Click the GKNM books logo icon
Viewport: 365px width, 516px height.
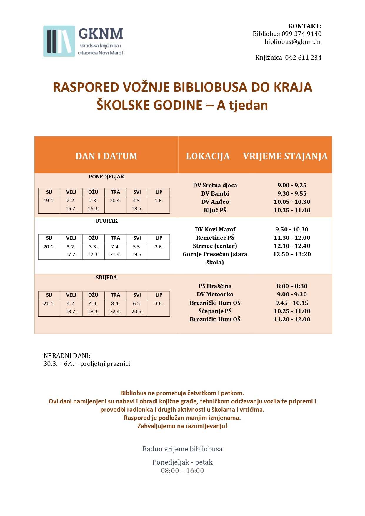(59, 41)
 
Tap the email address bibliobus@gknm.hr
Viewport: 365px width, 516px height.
(293, 42)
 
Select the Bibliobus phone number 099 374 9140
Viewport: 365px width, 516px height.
(301, 34)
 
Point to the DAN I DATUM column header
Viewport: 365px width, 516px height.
(106, 156)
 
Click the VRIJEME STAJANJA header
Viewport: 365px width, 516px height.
(285, 156)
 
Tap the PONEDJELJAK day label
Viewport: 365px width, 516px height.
(106, 177)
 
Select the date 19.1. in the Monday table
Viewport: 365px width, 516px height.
(49, 201)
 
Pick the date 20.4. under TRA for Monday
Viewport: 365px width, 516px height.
(115, 201)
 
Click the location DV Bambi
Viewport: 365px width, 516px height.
(215, 193)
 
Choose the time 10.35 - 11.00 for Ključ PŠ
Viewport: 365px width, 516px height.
(292, 210)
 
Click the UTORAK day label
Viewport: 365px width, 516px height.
(106, 221)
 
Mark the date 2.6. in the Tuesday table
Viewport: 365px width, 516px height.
(159, 247)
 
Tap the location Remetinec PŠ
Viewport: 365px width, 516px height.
(215, 238)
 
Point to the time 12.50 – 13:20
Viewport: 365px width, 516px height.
(292, 254)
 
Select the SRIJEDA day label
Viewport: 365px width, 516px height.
(106, 278)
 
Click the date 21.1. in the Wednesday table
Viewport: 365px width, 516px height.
(49, 303)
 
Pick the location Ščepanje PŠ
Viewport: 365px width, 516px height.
(215, 311)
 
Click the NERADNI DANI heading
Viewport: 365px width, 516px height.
(67, 356)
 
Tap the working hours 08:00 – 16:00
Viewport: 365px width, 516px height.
(182, 471)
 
